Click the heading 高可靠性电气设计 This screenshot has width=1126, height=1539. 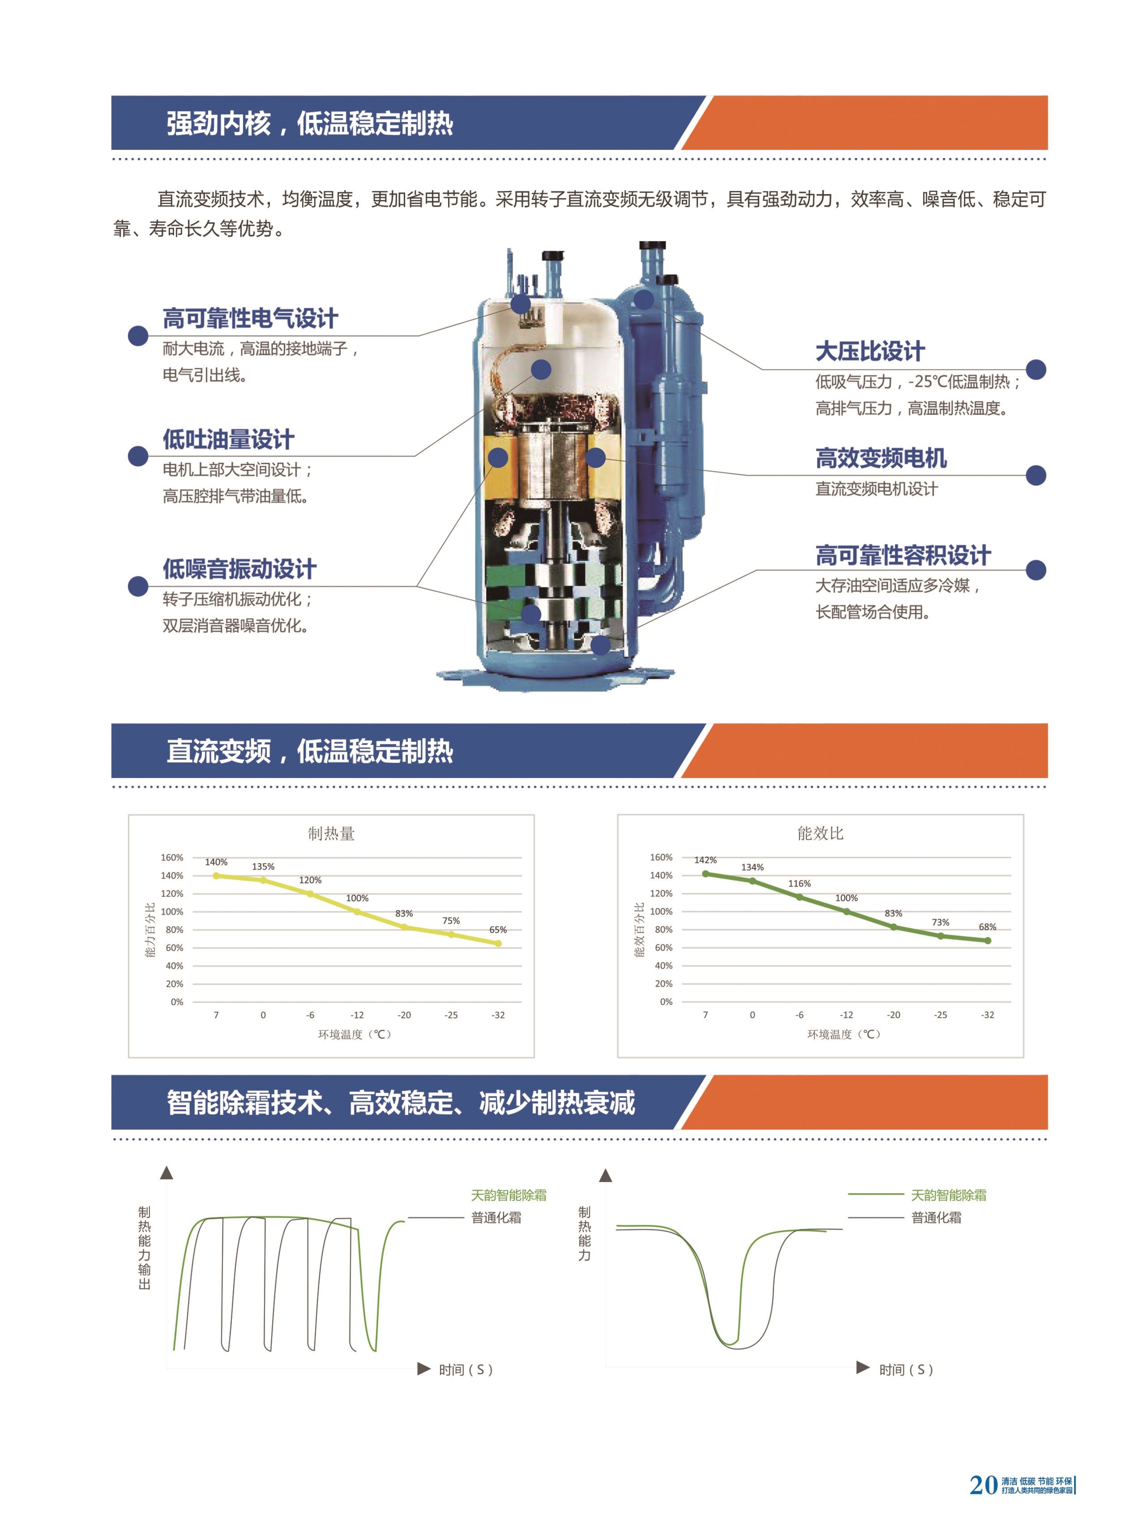click(250, 318)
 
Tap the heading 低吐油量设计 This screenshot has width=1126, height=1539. click(228, 440)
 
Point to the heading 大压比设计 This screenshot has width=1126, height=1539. click(870, 352)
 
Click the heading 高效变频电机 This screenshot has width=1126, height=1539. click(881, 458)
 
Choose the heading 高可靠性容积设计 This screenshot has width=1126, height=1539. click(903, 555)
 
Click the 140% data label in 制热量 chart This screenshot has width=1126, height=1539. click(216, 862)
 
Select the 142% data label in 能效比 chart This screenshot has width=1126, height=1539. click(705, 860)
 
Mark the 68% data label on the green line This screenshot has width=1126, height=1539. click(988, 927)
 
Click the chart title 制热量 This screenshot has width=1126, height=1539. click(331, 834)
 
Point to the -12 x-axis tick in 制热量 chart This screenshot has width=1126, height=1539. click(357, 1015)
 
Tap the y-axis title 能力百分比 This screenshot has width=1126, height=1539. click(150, 930)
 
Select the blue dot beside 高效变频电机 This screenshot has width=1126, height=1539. click(1036, 476)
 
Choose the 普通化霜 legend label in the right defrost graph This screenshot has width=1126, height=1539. click(936, 1217)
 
